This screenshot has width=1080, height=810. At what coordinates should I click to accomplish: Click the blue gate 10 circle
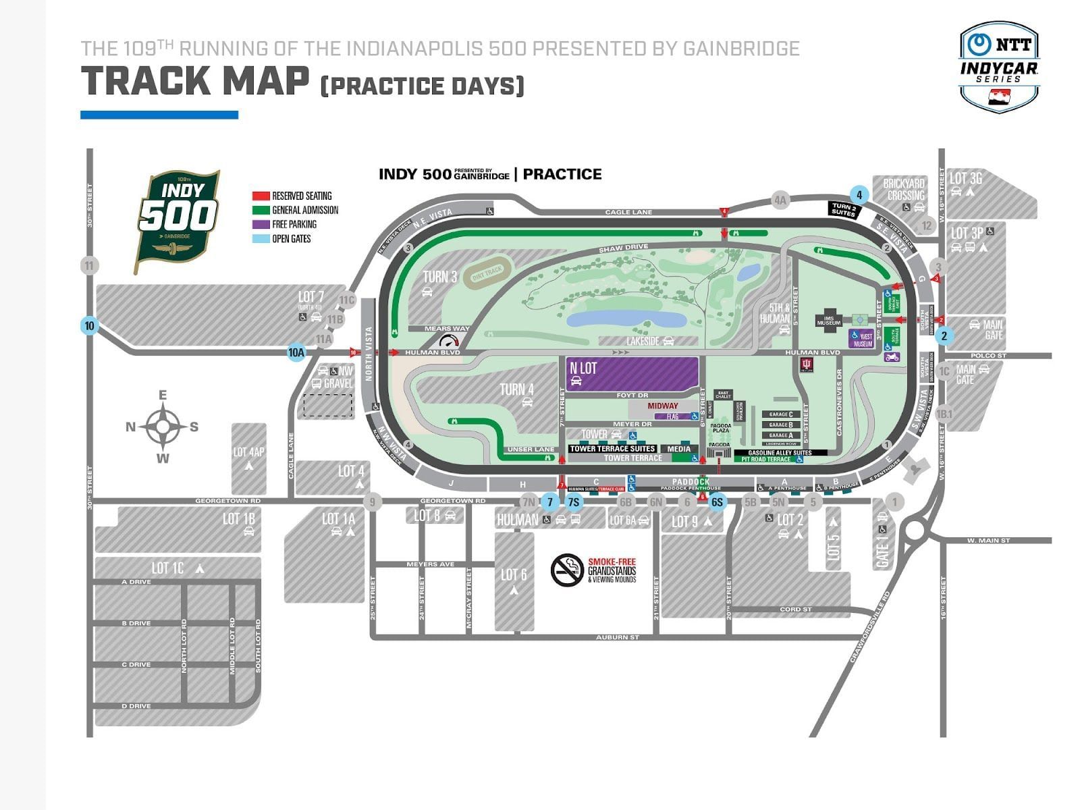click(89, 326)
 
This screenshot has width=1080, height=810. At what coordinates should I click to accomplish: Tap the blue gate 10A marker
click(296, 352)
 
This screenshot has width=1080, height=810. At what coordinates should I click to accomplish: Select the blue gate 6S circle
click(717, 502)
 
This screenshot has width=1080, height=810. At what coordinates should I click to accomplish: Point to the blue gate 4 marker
click(859, 195)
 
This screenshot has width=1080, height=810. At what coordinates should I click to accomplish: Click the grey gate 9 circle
click(372, 502)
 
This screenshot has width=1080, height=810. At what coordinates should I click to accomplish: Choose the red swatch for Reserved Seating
click(261, 196)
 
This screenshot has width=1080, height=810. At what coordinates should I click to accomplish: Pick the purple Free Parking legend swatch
click(261, 224)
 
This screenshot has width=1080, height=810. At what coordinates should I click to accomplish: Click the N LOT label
click(583, 368)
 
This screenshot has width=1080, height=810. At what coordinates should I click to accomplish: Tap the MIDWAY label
click(663, 406)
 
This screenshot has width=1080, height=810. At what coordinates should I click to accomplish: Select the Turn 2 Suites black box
click(843, 209)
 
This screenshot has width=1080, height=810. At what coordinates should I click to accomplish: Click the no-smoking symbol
click(567, 570)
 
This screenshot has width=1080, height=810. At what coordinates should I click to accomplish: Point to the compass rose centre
click(163, 427)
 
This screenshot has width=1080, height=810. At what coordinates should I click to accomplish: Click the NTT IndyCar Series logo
click(998, 66)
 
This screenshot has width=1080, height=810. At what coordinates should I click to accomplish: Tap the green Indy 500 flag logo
click(178, 220)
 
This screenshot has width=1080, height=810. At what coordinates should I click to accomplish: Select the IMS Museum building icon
click(828, 319)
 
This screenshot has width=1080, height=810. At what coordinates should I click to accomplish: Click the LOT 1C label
click(167, 568)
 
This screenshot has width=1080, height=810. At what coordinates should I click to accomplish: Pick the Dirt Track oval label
click(487, 272)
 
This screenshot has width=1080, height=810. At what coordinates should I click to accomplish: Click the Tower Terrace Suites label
click(612, 449)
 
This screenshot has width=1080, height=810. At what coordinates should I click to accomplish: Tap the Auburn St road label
click(617, 637)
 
